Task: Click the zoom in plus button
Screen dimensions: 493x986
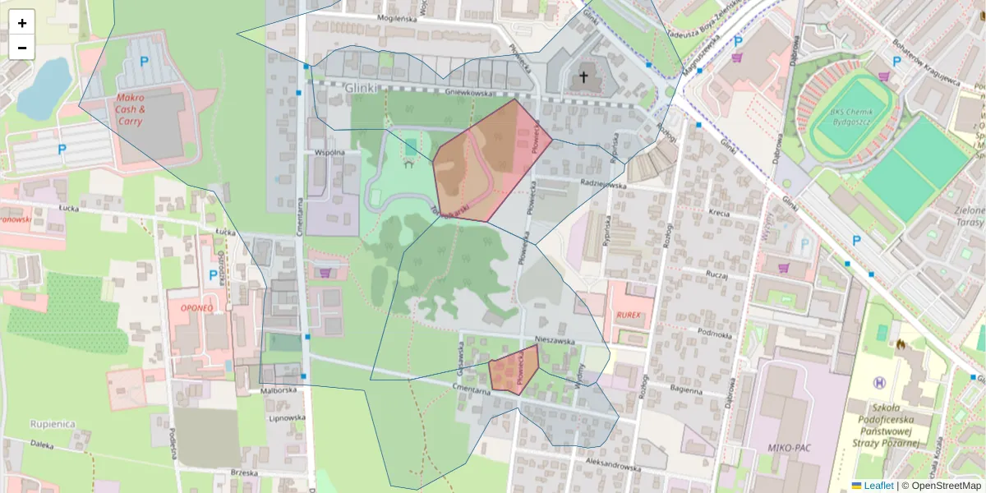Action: (22, 23)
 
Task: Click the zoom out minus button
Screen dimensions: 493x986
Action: (22, 48)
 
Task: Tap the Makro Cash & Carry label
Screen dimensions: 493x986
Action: (131, 109)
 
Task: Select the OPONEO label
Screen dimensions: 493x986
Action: (196, 307)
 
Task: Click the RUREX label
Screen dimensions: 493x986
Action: (628, 315)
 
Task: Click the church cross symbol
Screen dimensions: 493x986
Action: (583, 78)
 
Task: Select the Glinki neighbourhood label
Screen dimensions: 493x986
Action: (361, 88)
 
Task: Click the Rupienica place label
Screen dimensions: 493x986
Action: (53, 424)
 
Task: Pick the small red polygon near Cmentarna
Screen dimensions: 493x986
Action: (514, 370)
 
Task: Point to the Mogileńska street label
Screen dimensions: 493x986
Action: (397, 18)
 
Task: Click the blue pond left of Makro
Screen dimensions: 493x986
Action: (43, 89)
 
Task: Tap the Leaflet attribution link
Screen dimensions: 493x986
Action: (878, 486)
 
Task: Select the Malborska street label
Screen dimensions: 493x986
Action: (278, 391)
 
